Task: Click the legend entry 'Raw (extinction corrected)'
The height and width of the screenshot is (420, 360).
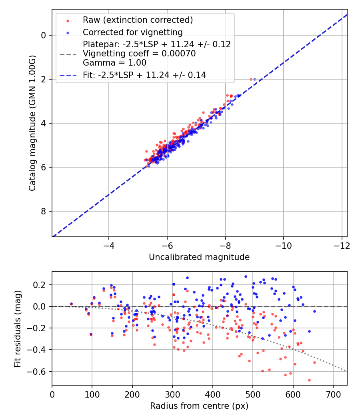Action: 138,20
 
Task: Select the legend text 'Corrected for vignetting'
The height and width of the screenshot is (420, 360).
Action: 132,32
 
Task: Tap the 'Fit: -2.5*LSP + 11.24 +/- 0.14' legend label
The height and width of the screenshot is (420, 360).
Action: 144,75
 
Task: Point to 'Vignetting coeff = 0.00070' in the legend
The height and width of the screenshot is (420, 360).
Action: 139,54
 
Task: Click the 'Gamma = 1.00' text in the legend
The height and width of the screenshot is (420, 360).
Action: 114,63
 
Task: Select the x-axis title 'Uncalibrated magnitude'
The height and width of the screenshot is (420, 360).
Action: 199,257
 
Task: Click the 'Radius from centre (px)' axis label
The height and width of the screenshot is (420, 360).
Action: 199,406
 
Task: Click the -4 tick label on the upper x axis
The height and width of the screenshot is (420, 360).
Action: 108,244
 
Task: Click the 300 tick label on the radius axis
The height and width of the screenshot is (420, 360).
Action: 172,394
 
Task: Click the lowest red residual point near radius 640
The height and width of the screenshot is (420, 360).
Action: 309,380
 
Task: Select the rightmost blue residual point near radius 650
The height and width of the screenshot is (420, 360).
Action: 314,311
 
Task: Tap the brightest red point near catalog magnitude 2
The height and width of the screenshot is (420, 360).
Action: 251,79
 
